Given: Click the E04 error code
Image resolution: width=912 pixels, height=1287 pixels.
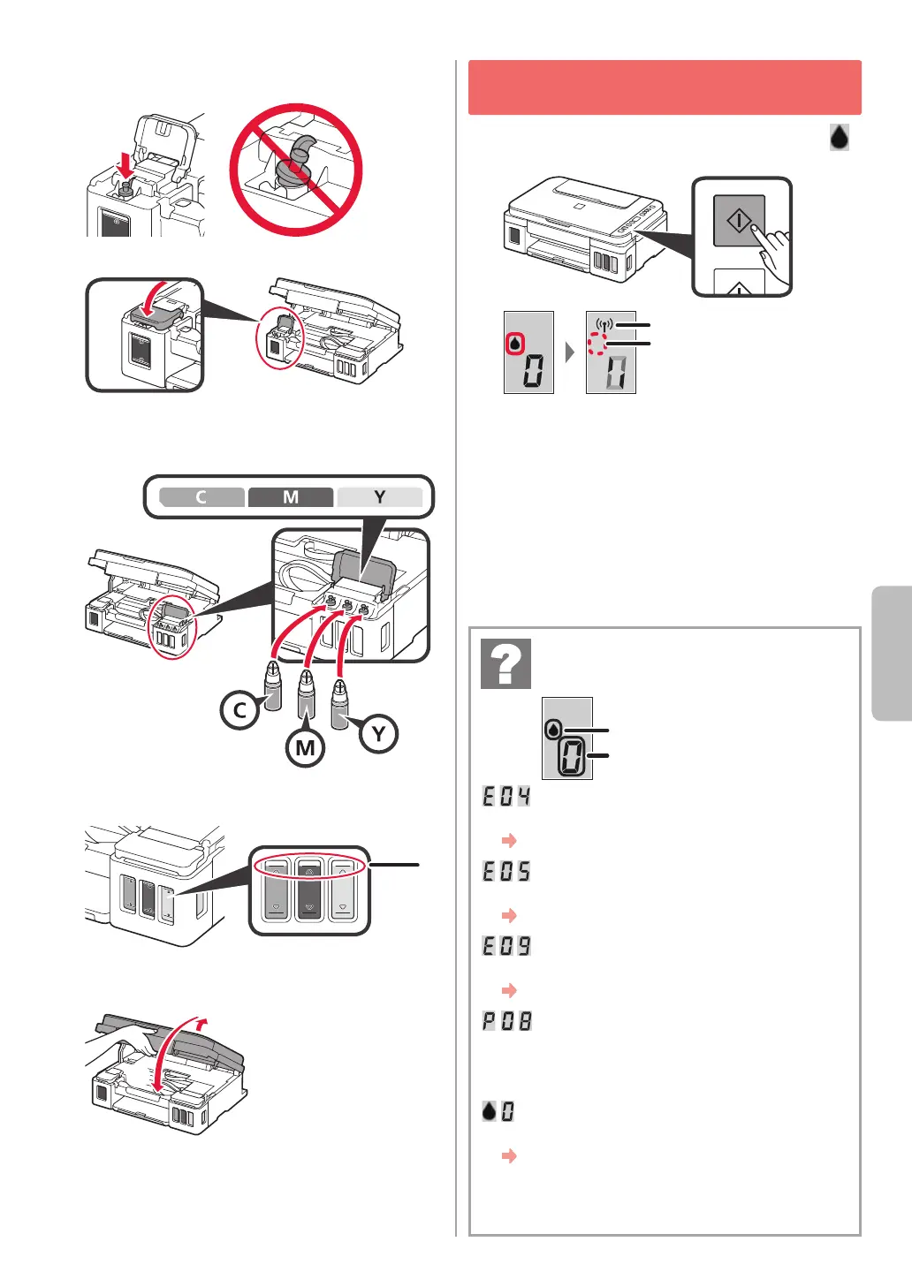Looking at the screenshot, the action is click(506, 796).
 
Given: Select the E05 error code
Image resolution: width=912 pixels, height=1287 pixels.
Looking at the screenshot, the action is click(506, 871).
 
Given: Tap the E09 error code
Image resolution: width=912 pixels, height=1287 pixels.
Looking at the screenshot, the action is click(506, 946).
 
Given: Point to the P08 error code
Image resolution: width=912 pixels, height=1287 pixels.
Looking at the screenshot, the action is click(506, 1021).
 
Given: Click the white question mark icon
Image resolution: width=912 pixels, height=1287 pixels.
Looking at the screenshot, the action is click(506, 663).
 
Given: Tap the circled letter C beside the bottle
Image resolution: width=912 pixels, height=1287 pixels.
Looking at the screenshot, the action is click(239, 710).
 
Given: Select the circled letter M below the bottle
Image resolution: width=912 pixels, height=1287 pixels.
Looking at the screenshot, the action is click(305, 747).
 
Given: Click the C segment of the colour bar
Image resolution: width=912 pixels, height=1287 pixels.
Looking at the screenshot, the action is click(201, 497).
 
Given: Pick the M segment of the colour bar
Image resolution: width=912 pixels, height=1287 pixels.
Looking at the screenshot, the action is click(291, 497).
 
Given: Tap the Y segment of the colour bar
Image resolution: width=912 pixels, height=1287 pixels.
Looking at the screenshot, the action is click(379, 497).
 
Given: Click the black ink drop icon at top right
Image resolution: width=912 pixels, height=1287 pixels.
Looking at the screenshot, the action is click(840, 137).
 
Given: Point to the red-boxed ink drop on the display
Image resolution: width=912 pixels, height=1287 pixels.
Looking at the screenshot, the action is click(514, 344).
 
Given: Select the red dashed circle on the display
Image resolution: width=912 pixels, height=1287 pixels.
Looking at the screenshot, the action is click(597, 344).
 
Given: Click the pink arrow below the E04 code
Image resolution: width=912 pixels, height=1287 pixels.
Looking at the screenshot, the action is click(509, 840).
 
